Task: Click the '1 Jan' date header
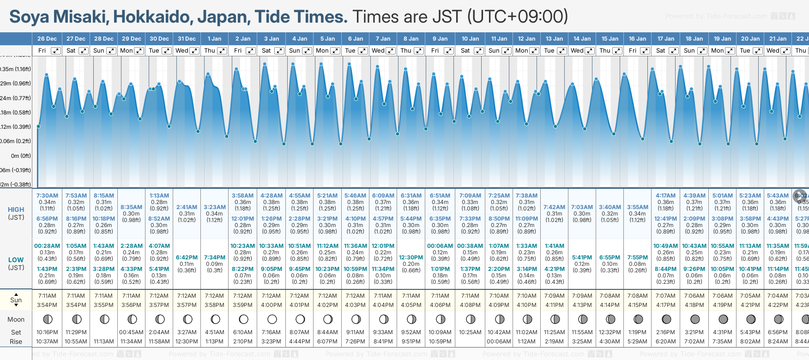[x=214, y=39]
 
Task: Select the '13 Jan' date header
[x=554, y=39]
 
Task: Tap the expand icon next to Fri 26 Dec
[x=56, y=51]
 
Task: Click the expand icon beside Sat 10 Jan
[x=479, y=51]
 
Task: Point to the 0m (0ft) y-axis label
[x=21, y=156]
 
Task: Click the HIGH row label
[x=16, y=210]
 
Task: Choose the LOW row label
[x=16, y=260]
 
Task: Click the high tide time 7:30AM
[x=47, y=196]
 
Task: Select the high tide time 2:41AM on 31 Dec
[x=187, y=207]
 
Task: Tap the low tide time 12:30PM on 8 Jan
[x=411, y=258]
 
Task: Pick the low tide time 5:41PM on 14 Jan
[x=582, y=258]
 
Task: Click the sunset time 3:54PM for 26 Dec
[x=47, y=305]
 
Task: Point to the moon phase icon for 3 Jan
[x=272, y=319]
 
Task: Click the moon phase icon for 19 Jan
[x=723, y=319]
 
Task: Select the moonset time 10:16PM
[x=47, y=332]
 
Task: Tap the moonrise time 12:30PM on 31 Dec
[x=187, y=342]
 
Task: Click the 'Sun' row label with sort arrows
[x=16, y=300]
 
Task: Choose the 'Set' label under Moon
[x=16, y=332]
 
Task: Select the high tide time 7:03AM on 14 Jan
[x=582, y=207]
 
